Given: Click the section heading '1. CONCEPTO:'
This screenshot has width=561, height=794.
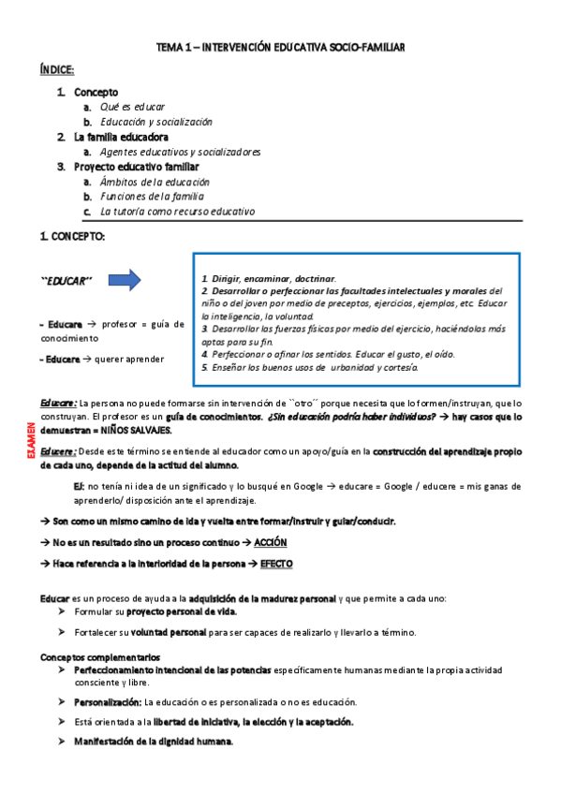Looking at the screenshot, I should (x=73, y=237).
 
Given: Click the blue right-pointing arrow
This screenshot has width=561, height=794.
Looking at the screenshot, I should (x=125, y=280).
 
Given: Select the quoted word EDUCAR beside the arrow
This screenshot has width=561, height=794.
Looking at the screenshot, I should (x=66, y=281).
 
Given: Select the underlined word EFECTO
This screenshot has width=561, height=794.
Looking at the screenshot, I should (x=276, y=564).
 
